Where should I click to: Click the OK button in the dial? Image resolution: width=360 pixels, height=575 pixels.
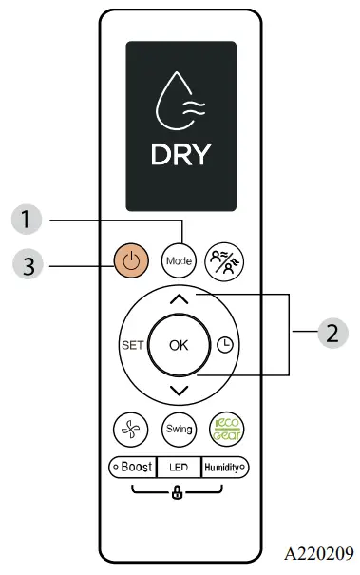coord(180,345)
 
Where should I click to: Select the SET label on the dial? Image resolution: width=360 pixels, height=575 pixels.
coord(132,345)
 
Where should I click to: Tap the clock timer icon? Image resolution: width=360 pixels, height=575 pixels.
coord(225,345)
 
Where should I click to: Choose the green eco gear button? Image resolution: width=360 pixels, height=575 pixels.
coord(225,429)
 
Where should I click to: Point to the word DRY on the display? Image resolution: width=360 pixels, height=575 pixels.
coord(180,154)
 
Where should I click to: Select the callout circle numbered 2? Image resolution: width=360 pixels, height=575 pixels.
coord(331,334)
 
